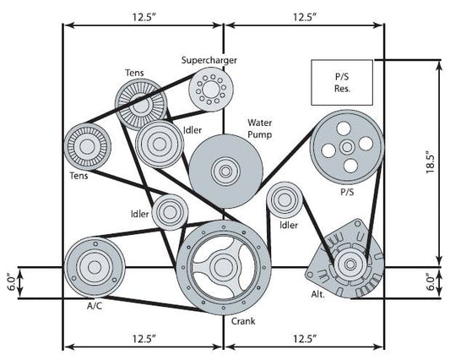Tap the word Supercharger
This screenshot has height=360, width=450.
209,60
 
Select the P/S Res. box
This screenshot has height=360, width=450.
341,79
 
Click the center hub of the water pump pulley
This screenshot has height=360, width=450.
225,169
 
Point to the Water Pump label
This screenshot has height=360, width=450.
263,128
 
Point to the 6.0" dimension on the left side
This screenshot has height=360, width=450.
11,281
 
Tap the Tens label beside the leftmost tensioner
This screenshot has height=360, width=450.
79,177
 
